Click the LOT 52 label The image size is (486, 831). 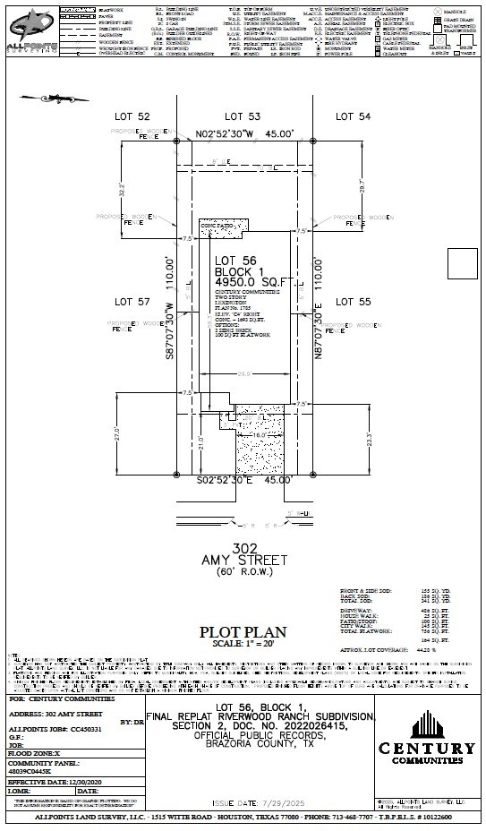pyautogui.click(x=132, y=117)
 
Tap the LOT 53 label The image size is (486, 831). pyautogui.click(x=242, y=117)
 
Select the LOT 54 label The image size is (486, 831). pyautogui.click(x=353, y=117)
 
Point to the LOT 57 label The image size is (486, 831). pyautogui.click(x=132, y=302)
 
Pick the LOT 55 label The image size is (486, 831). pyautogui.click(x=353, y=302)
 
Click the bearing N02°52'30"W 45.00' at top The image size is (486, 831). pyautogui.click(x=244, y=133)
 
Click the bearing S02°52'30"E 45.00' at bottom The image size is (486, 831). pyautogui.click(x=244, y=480)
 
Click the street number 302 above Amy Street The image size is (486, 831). pyautogui.click(x=243, y=547)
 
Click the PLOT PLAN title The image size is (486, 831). pyautogui.click(x=243, y=631)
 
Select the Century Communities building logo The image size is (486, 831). pyautogui.click(x=427, y=727)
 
